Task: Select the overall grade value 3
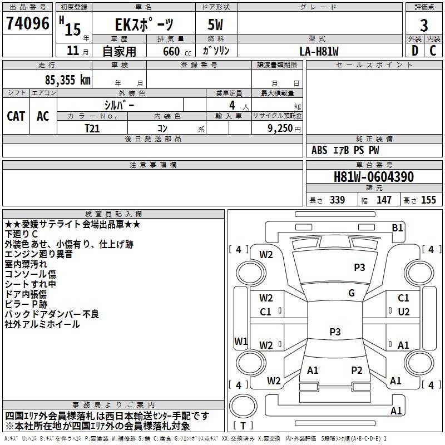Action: [424, 25]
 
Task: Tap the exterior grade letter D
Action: [414, 51]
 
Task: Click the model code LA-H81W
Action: [319, 51]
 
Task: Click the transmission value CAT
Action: [16, 116]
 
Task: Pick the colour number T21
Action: [92, 128]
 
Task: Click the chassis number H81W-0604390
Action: [373, 177]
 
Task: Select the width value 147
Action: [384, 200]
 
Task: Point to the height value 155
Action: [428, 200]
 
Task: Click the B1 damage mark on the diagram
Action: [397, 228]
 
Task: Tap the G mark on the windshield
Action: [352, 293]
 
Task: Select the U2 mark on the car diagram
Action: [403, 312]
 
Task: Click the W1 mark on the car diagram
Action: [240, 341]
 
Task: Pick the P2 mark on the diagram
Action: [357, 370]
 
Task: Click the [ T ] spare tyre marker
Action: [243, 426]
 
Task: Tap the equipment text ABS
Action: [319, 150]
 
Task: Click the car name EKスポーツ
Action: [144, 25]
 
